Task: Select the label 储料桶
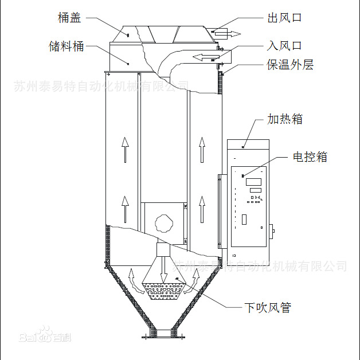coord(66,46)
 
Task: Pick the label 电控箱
coord(310,156)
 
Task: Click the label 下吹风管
coord(268,308)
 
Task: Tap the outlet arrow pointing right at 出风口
coord(228,33)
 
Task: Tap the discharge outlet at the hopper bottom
coord(165,332)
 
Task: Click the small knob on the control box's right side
coord(273,232)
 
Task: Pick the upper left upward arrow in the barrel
coord(124,150)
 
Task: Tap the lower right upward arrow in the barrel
coord(202,208)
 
